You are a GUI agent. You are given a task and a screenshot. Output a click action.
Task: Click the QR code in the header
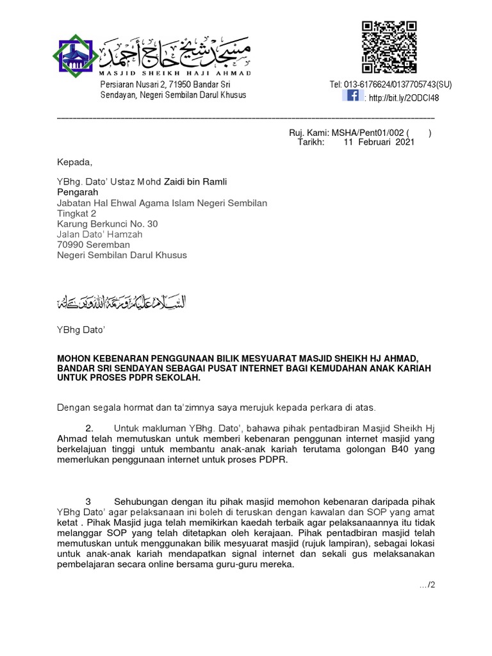point(389,47)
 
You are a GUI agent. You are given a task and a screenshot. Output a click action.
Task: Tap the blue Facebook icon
point(352,96)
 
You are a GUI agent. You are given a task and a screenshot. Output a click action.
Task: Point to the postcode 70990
point(71,244)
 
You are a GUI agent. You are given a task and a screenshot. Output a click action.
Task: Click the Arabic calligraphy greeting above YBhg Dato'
point(121,302)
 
